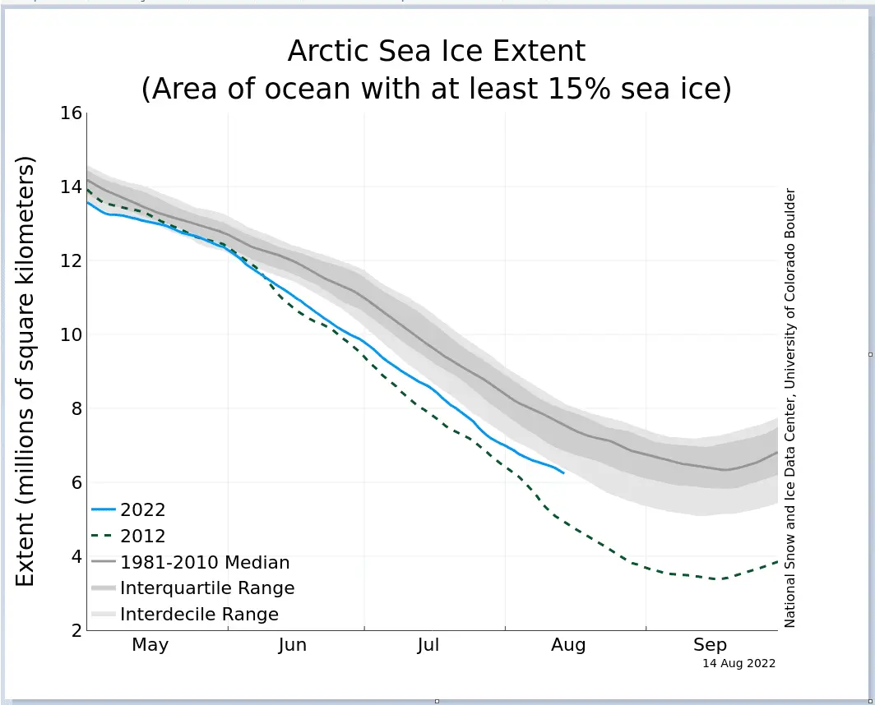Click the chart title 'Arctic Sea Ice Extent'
(x=437, y=51)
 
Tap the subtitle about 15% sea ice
(x=437, y=88)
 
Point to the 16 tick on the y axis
(x=72, y=113)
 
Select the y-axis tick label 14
(x=72, y=187)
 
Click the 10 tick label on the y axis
(x=72, y=334)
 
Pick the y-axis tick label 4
(x=76, y=556)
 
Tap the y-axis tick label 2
(x=76, y=630)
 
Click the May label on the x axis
(x=150, y=645)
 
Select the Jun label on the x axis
(x=292, y=645)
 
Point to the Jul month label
(x=428, y=645)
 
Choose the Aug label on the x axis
(x=568, y=645)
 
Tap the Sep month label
(x=710, y=645)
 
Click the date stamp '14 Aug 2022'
(x=738, y=663)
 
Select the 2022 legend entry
(x=142, y=509)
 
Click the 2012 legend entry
(x=142, y=536)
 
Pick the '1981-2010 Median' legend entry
(x=205, y=563)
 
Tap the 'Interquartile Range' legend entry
(x=206, y=588)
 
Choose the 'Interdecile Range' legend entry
(x=199, y=614)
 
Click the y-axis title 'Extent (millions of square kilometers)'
(x=26, y=373)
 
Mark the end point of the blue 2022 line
(x=563, y=473)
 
